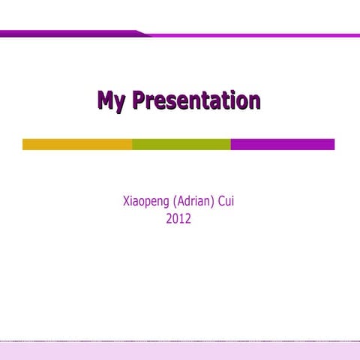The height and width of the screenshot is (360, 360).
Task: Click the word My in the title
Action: [111, 101]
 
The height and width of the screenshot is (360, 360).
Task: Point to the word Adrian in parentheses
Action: [194, 202]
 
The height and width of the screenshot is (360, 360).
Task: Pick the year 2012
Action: [178, 219]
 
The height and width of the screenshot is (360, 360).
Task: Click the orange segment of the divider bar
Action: [77, 144]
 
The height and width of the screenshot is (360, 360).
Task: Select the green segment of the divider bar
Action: [181, 144]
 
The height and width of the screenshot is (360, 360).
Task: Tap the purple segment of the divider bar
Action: [282, 144]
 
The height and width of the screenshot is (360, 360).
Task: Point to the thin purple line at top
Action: [255, 35]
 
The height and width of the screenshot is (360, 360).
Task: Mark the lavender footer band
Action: [180, 350]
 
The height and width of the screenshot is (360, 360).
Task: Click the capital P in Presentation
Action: [138, 100]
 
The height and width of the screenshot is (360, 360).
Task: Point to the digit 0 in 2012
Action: [175, 219]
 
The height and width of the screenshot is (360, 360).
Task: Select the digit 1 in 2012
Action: [181, 219]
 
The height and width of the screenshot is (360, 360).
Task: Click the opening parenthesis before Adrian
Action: [174, 202]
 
